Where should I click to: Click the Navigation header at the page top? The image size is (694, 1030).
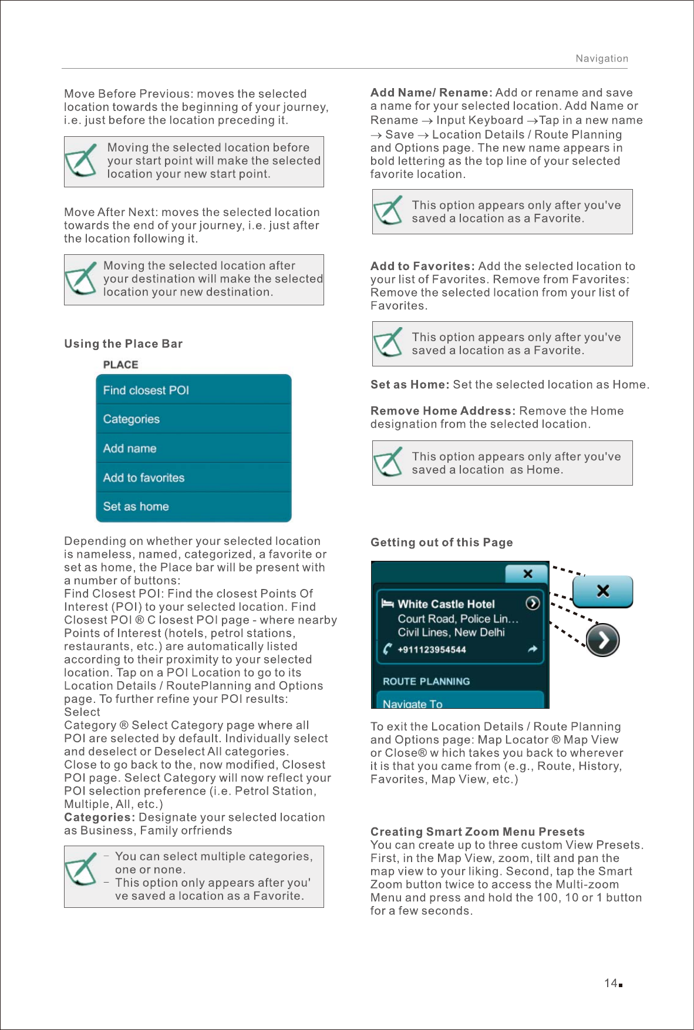(x=601, y=59)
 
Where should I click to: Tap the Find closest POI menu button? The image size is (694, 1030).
(x=193, y=390)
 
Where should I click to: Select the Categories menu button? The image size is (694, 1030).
(x=193, y=419)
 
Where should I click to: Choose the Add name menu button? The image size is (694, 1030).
(x=193, y=449)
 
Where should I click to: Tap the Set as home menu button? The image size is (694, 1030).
(x=193, y=507)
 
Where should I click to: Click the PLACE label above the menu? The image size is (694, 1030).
(x=120, y=365)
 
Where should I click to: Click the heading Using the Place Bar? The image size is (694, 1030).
(x=123, y=344)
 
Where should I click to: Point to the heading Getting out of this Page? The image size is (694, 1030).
(x=442, y=543)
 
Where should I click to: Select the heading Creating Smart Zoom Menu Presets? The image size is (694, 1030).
(x=477, y=832)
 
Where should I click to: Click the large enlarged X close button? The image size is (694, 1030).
(x=602, y=591)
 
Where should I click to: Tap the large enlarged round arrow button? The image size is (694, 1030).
(x=602, y=640)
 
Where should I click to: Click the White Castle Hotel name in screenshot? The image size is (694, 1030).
(x=446, y=604)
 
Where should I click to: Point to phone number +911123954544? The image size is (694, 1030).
(x=432, y=650)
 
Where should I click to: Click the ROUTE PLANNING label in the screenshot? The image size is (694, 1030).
(x=426, y=682)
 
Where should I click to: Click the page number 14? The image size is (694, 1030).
(x=611, y=983)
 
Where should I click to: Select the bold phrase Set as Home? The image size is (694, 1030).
(x=410, y=385)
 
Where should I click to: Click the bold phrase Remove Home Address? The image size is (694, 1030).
(x=443, y=411)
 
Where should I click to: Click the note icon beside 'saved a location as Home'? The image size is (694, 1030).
(x=388, y=462)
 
